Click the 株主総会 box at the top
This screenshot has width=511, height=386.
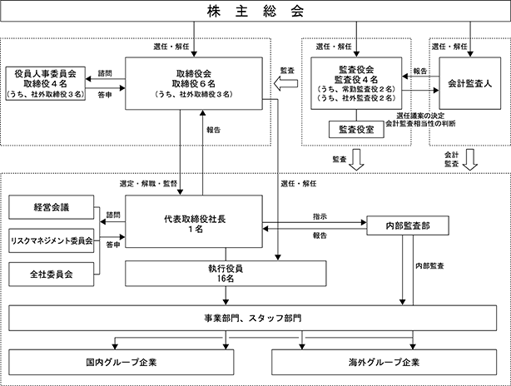tap(255, 13)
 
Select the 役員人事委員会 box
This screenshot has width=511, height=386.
tap(48, 84)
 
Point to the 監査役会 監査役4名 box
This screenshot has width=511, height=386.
tap(356, 83)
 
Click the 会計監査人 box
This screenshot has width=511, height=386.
tap(471, 83)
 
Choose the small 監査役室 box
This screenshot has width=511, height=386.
tap(356, 129)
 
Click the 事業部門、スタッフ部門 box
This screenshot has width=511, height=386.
tap(255, 318)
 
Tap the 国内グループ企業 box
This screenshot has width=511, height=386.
tap(127, 363)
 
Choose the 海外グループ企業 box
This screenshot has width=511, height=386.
tap(384, 363)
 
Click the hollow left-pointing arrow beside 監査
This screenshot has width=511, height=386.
tap(287, 83)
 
